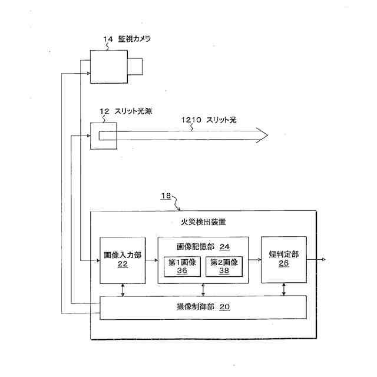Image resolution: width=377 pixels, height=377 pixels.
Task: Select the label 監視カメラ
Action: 134,39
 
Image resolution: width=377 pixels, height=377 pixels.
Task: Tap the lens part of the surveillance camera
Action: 135,66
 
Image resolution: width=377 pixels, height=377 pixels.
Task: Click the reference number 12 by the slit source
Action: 104,111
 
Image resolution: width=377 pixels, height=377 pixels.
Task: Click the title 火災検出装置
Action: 203,223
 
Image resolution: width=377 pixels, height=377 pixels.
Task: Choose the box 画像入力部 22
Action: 123,260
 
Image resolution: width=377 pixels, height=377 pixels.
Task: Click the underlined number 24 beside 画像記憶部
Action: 224,246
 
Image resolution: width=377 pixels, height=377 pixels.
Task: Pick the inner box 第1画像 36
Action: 182,266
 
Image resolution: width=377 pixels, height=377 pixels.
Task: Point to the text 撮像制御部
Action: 194,307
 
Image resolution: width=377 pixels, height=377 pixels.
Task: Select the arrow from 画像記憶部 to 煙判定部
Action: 254,259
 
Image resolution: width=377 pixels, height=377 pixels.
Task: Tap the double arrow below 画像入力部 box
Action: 123,290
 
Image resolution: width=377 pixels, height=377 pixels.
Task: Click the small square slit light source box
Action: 103,135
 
